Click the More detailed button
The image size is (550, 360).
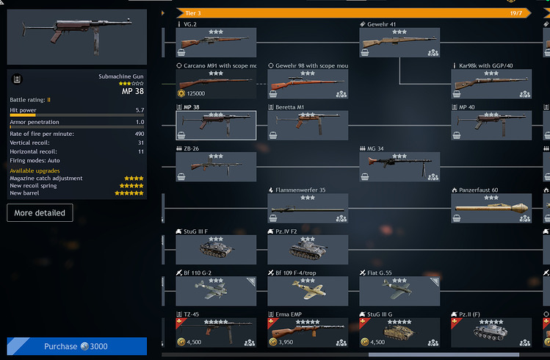coord(40,213)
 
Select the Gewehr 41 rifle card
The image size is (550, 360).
coord(399,43)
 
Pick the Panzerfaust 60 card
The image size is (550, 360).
coord(491,209)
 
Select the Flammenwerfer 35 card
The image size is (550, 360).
coord(307,209)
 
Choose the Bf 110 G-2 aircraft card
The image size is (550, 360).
coord(215,291)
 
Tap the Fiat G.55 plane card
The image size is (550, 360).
coord(399,291)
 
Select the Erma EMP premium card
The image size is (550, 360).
coord(307,332)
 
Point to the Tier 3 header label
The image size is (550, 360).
coord(194,12)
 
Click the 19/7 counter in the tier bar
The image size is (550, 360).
coord(515,12)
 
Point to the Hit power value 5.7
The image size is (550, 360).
coord(140,109)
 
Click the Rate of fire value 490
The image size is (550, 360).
coord(139,133)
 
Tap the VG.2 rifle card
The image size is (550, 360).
coord(215,43)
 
